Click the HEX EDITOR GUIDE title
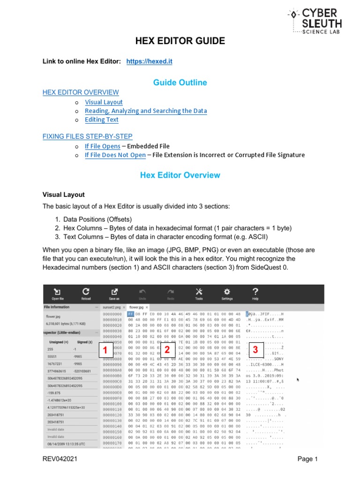pyautogui.click(x=180, y=41)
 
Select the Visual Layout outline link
pyautogui.click(x=104, y=102)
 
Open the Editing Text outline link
pyautogui.click(x=101, y=120)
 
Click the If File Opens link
pyautogui.click(x=102, y=146)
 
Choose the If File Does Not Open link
pyautogui.click(x=115, y=155)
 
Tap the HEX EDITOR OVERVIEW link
pyautogui.click(x=81, y=92)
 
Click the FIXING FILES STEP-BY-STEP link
pyautogui.click(x=87, y=136)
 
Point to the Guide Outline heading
pyautogui.click(x=180, y=82)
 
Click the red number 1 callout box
pyautogui.click(x=105, y=351)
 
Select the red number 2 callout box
pyautogui.click(x=166, y=350)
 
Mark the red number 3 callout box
pyautogui.click(x=255, y=350)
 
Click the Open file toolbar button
pyautogui.click(x=57, y=293)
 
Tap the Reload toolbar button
pyautogui.click(x=86, y=293)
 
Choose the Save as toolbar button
pyautogui.click(x=114, y=293)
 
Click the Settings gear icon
pyautogui.click(x=227, y=293)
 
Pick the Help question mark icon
pyautogui.click(x=255, y=293)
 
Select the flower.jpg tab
pyautogui.click(x=143, y=307)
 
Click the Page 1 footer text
pyautogui.click(x=307, y=459)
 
